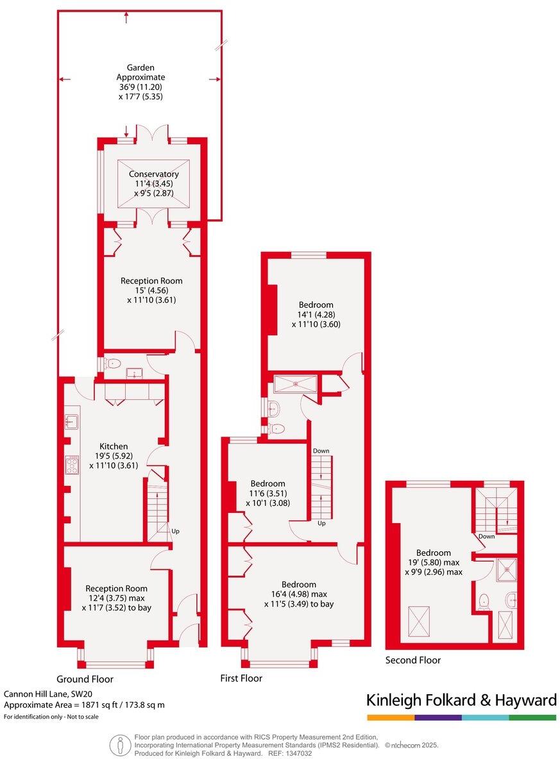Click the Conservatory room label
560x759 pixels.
pyautogui.click(x=153, y=174)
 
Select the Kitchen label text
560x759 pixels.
pyautogui.click(x=114, y=446)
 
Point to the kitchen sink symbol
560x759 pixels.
pyautogui.click(x=71, y=421)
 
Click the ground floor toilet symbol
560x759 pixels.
pyautogui.click(x=114, y=363)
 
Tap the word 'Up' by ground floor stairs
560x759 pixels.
pyautogui.click(x=175, y=531)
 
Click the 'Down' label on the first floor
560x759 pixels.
pyautogui.click(x=321, y=451)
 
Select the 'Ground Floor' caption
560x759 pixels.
pyautogui.click(x=85, y=679)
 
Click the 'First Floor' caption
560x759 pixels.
pyautogui.click(x=241, y=678)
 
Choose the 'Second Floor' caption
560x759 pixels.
pyautogui.click(x=412, y=660)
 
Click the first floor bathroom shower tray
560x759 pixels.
pyautogui.click(x=296, y=384)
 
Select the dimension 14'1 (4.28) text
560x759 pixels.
pyautogui.click(x=316, y=314)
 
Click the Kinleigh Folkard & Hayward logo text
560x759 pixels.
pyautogui.click(x=461, y=700)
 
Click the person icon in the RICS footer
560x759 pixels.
pyautogui.click(x=119, y=744)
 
